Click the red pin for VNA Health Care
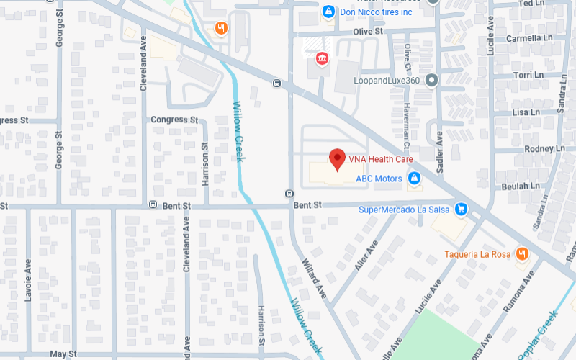tap(336, 158)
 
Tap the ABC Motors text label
tap(379, 178)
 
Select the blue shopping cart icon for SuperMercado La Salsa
tap(462, 210)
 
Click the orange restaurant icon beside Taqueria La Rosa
tap(523, 253)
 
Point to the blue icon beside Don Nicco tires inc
tap(328, 12)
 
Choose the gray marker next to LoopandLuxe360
tap(431, 80)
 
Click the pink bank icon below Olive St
tap(321, 57)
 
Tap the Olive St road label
tap(372, 32)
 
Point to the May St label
tap(63, 354)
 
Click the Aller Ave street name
tap(366, 256)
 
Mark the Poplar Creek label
tap(538, 333)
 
